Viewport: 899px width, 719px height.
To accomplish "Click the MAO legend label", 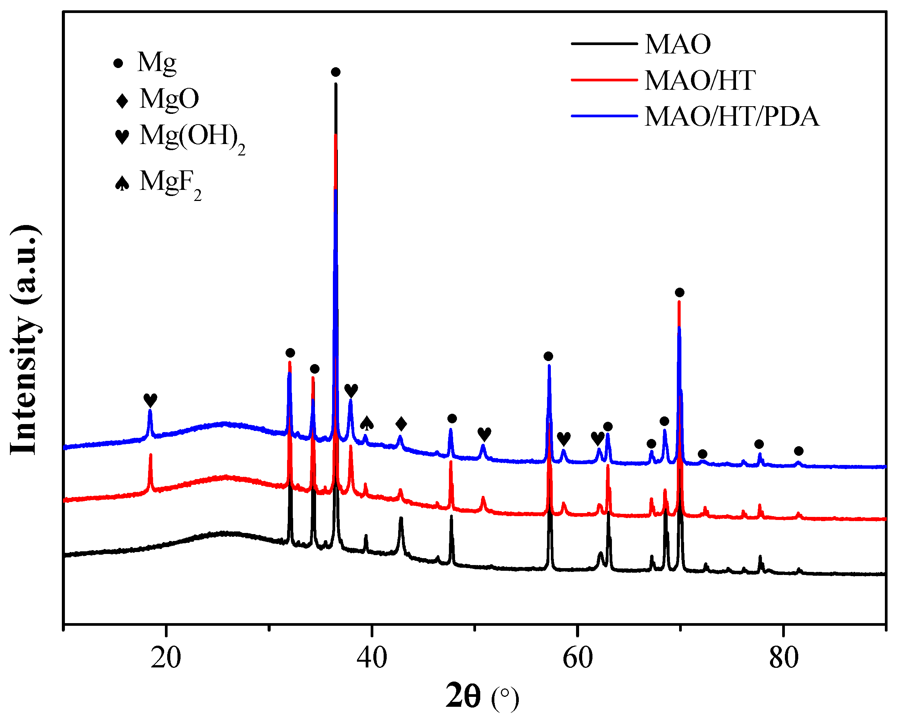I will pyautogui.click(x=677, y=44).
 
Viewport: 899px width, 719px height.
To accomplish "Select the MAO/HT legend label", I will pyautogui.click(x=700, y=80).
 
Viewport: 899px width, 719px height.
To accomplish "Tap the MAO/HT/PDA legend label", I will pyautogui.click(x=732, y=116).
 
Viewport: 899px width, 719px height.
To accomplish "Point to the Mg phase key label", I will pyautogui.click(x=157, y=63).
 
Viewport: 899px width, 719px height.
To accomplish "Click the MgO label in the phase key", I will pyautogui.click(x=169, y=99).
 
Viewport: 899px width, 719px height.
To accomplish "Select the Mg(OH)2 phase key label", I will pyautogui.click(x=192, y=137).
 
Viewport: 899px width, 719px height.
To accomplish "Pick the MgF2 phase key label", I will pyautogui.click(x=170, y=182).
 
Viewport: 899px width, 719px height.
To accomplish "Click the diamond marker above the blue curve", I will pyautogui.click(x=401, y=424).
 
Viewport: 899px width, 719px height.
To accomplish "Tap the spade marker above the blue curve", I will pyautogui.click(x=366, y=423).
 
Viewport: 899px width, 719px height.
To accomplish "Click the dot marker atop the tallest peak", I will pyautogui.click(x=336, y=72).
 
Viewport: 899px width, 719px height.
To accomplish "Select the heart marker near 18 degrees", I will pyautogui.click(x=150, y=400).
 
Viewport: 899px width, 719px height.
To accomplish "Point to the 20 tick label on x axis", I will pyautogui.click(x=166, y=658).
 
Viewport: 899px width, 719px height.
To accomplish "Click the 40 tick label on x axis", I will pyautogui.click(x=371, y=658).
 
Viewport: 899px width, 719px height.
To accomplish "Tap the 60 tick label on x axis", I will pyautogui.click(x=578, y=658).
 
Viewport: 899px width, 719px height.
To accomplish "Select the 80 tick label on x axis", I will pyautogui.click(x=783, y=658).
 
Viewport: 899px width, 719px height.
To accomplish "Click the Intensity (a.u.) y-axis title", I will pyautogui.click(x=26, y=340).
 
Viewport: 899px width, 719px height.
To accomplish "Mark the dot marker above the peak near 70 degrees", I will pyautogui.click(x=679, y=293).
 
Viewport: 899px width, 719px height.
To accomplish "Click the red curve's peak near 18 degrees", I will pyautogui.click(x=150, y=455).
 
